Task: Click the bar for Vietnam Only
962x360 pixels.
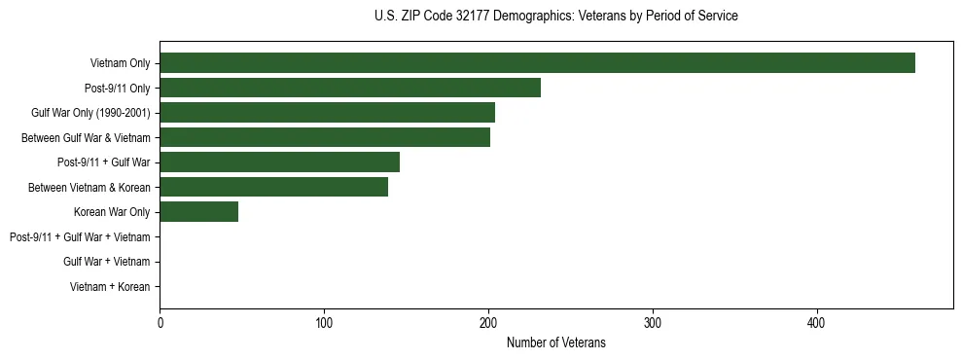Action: [x=537, y=63]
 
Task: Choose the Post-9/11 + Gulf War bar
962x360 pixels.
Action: [x=279, y=162]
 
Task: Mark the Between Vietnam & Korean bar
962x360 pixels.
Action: [x=273, y=187]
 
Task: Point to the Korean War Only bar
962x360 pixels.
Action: [x=198, y=212]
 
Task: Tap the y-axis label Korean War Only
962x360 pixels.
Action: [x=112, y=212]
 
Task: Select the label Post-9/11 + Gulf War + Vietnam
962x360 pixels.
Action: [x=80, y=237]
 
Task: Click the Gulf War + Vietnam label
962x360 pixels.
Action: [x=106, y=262]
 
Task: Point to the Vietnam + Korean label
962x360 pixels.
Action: [x=110, y=287]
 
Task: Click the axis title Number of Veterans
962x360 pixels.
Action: [x=555, y=342]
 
